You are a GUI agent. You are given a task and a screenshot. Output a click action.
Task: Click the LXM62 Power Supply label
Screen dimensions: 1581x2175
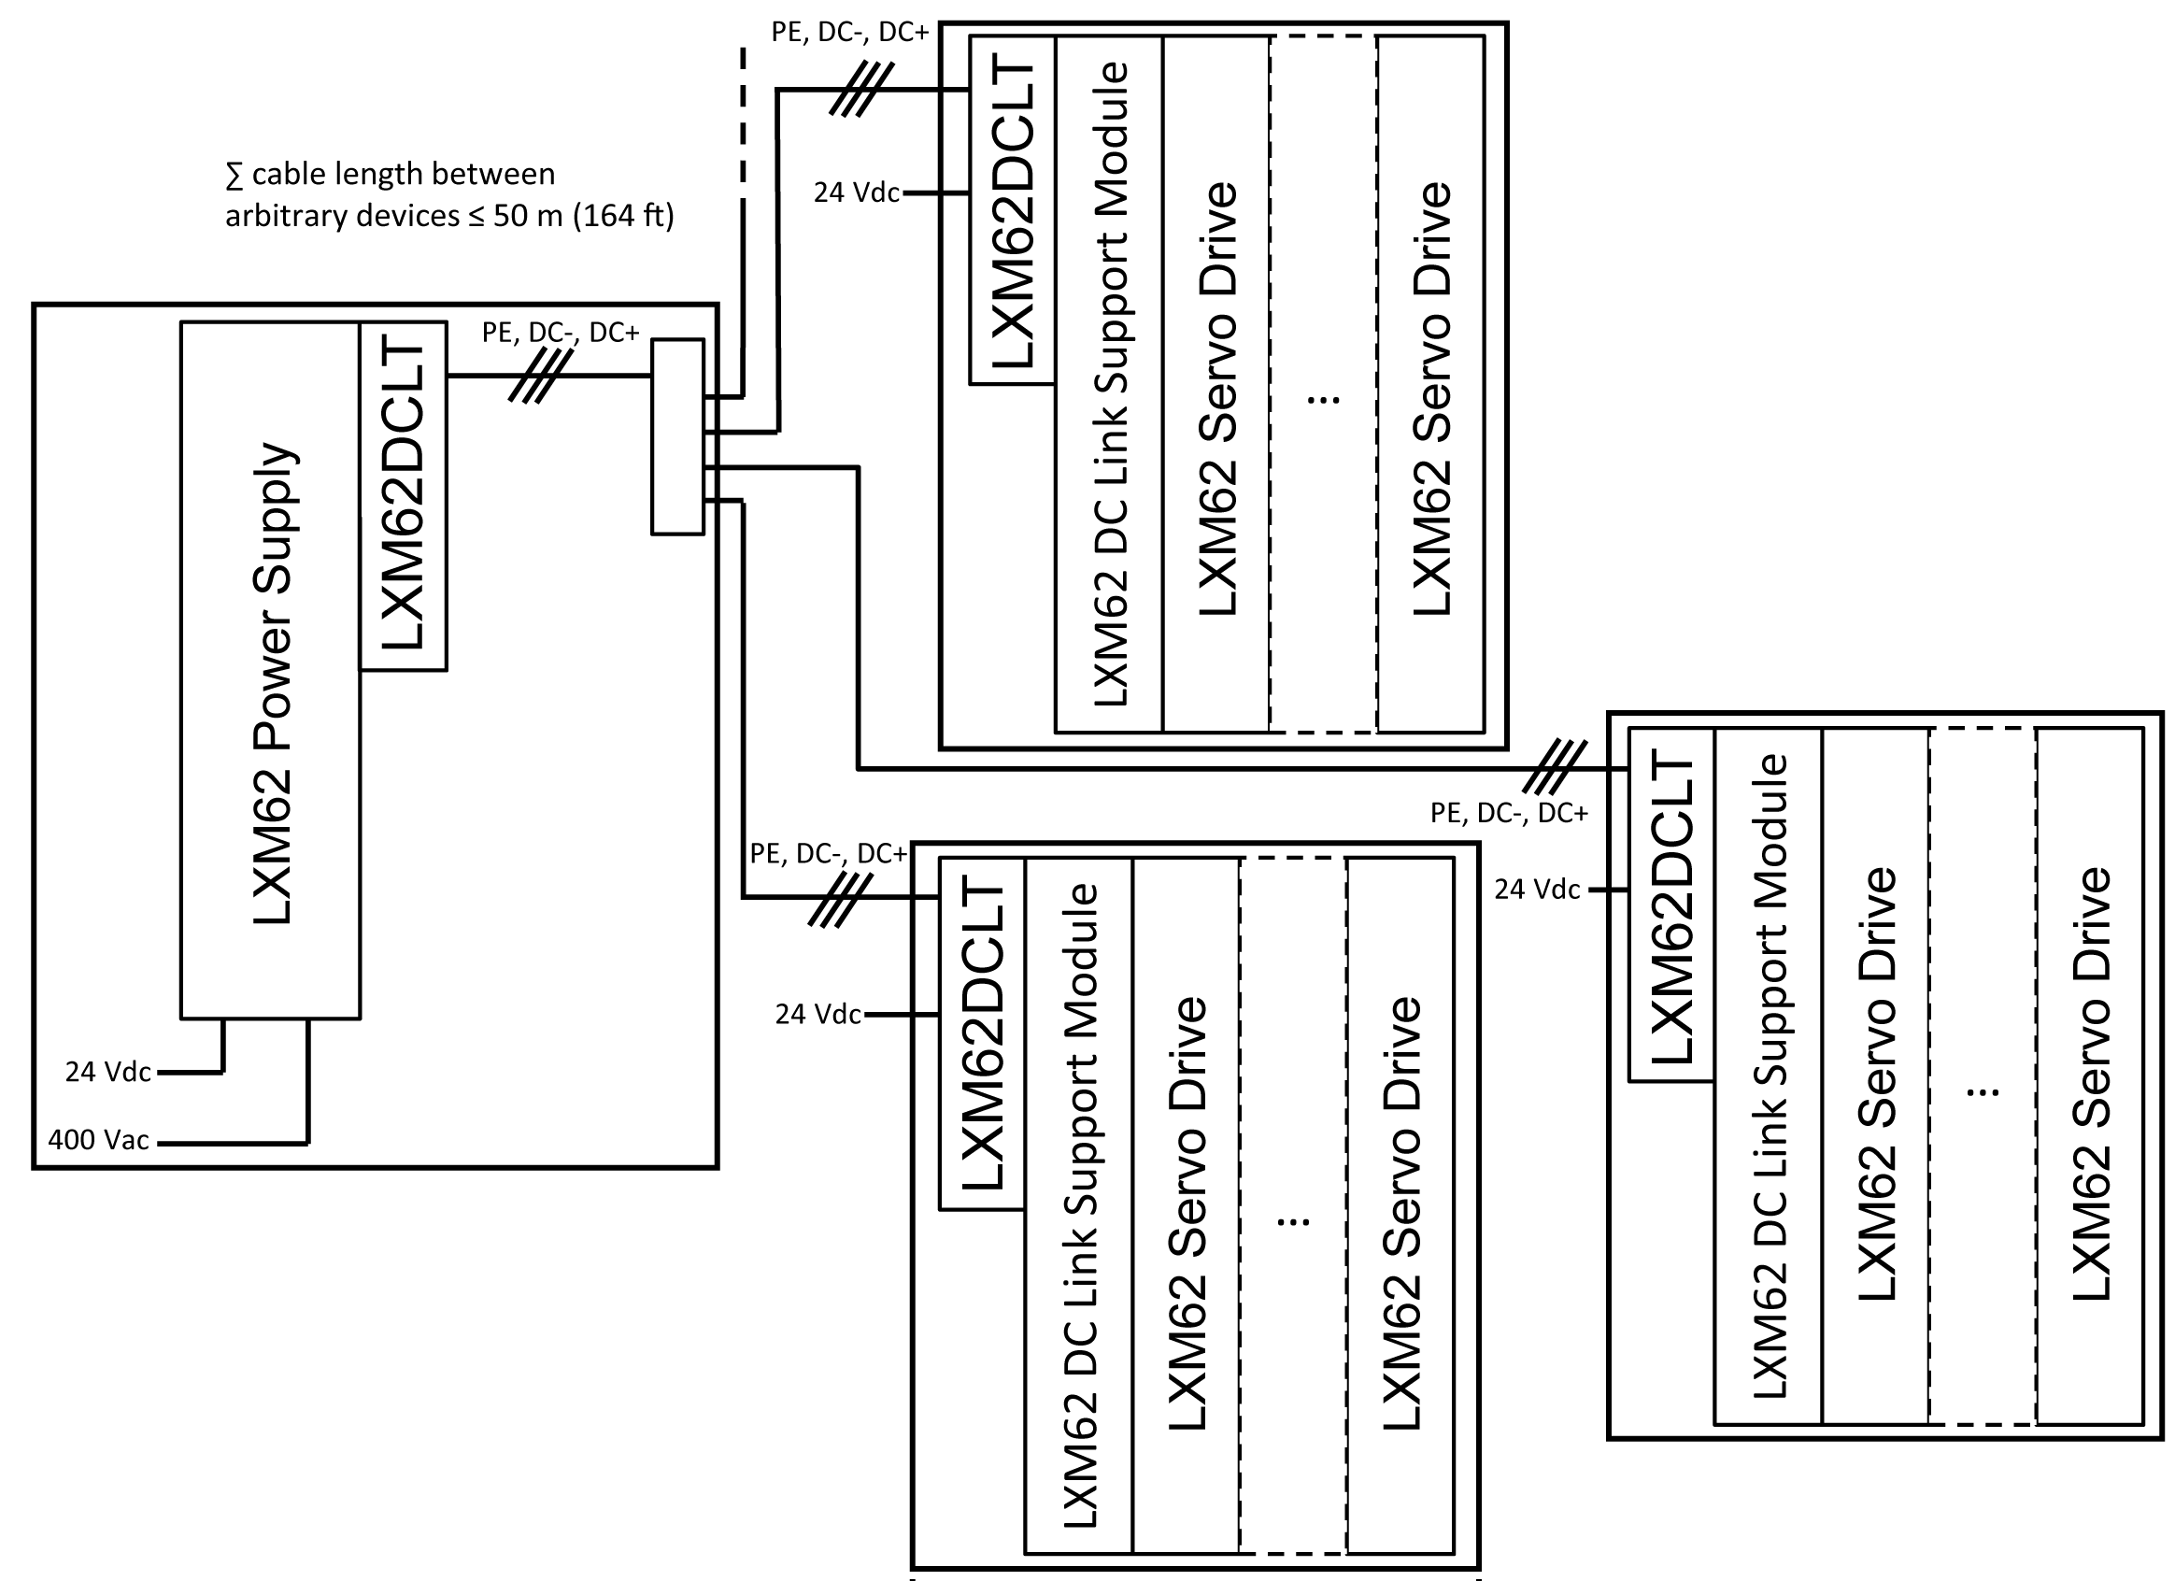pos(273,683)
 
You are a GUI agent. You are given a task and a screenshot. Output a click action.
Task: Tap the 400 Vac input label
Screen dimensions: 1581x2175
pos(99,1140)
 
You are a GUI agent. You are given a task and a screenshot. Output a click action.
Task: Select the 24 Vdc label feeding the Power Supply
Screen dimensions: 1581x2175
pos(107,1072)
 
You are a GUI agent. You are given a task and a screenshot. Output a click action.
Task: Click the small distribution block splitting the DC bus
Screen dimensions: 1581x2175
pos(677,436)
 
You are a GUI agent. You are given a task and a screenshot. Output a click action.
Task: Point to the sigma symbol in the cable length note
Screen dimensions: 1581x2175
pos(233,176)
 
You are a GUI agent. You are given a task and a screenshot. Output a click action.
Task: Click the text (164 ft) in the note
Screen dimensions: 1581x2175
pos(623,216)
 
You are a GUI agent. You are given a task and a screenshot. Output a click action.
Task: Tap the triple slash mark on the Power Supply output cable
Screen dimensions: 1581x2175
pos(540,376)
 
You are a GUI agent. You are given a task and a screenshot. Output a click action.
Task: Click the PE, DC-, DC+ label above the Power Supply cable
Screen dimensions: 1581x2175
pos(560,333)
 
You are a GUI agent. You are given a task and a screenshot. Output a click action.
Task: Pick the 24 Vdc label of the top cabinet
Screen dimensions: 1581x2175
pos(857,192)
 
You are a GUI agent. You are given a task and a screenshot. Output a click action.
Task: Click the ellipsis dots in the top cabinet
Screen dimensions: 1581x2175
pos(1324,399)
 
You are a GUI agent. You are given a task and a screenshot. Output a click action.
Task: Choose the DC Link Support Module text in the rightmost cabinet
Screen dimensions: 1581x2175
pos(1770,1075)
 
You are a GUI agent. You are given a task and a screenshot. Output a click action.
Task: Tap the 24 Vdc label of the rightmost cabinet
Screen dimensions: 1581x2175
pos(1536,890)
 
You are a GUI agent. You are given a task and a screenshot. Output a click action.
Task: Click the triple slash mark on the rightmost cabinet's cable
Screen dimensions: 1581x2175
pos(1555,767)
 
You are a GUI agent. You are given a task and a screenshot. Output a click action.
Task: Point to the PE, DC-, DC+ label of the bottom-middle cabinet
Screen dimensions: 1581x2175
pos(828,854)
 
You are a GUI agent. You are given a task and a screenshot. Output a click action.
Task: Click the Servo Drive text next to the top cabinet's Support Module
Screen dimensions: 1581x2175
pos(1218,398)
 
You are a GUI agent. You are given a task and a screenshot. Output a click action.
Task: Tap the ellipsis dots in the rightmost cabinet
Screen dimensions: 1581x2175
pos(1983,1091)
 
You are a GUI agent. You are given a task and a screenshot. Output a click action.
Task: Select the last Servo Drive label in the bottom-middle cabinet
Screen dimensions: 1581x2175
pos(1401,1214)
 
